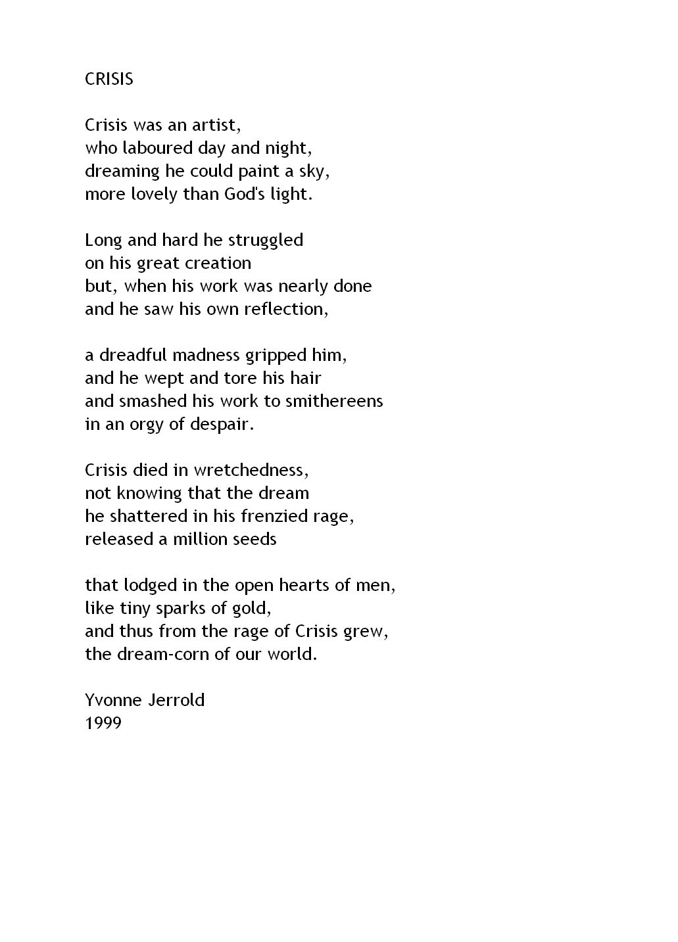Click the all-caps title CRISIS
[109, 79]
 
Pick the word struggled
[266, 241]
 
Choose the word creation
[219, 263]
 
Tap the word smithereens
[334, 401]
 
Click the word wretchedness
[251, 470]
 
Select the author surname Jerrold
[176, 700]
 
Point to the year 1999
[103, 723]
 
